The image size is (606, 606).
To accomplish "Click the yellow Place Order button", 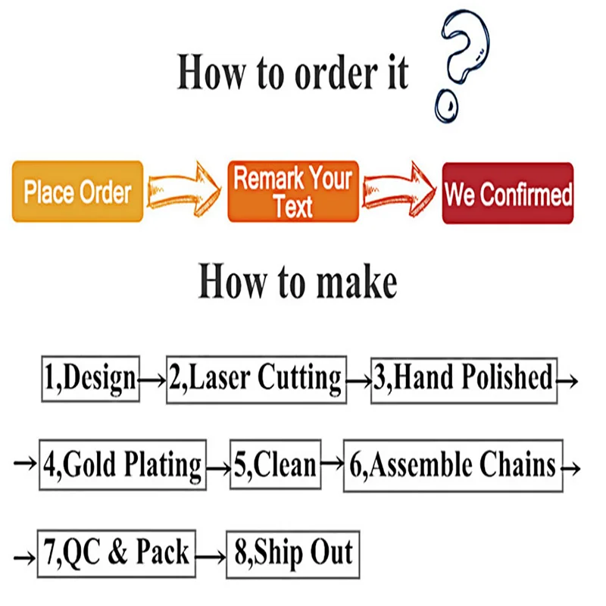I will click(77, 192).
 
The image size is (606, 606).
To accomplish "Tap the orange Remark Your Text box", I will click(293, 192).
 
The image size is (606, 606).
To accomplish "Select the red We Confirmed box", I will click(508, 193).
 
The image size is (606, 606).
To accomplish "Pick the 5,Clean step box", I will click(275, 464).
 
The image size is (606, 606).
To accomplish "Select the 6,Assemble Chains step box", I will click(453, 464).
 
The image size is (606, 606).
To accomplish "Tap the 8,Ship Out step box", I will click(293, 554).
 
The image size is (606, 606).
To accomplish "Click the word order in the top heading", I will click(320, 73).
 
